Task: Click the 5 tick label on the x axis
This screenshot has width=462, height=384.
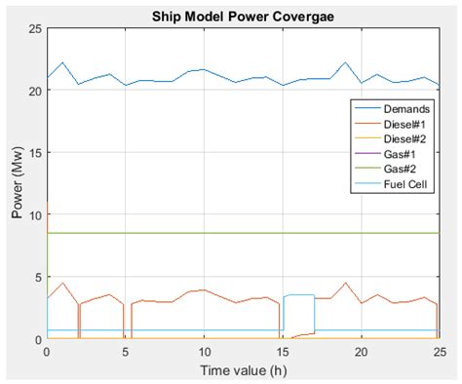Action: click(x=126, y=352)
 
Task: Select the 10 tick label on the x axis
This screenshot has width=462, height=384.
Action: click(x=204, y=352)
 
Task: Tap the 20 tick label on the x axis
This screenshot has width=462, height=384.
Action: click(x=361, y=352)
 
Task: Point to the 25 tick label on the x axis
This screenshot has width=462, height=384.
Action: click(x=439, y=352)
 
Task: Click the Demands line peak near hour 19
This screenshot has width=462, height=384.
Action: click(x=345, y=63)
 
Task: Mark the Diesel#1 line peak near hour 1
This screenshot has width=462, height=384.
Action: click(x=62, y=284)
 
